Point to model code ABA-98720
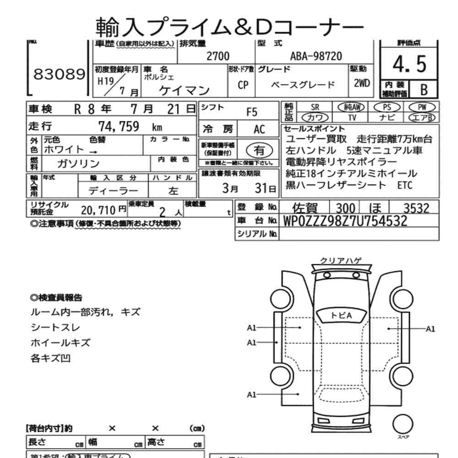tap(316, 56)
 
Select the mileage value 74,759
tap(119, 127)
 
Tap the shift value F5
tap(252, 111)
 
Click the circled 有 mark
tap(259, 149)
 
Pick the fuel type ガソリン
tap(78, 164)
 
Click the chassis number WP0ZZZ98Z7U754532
tap(345, 221)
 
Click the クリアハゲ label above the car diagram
tap(340, 261)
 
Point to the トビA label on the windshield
tap(341, 315)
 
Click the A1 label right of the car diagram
tap(431, 328)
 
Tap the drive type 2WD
tap(362, 84)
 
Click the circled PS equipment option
tap(387, 106)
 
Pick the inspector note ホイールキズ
tap(60, 342)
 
